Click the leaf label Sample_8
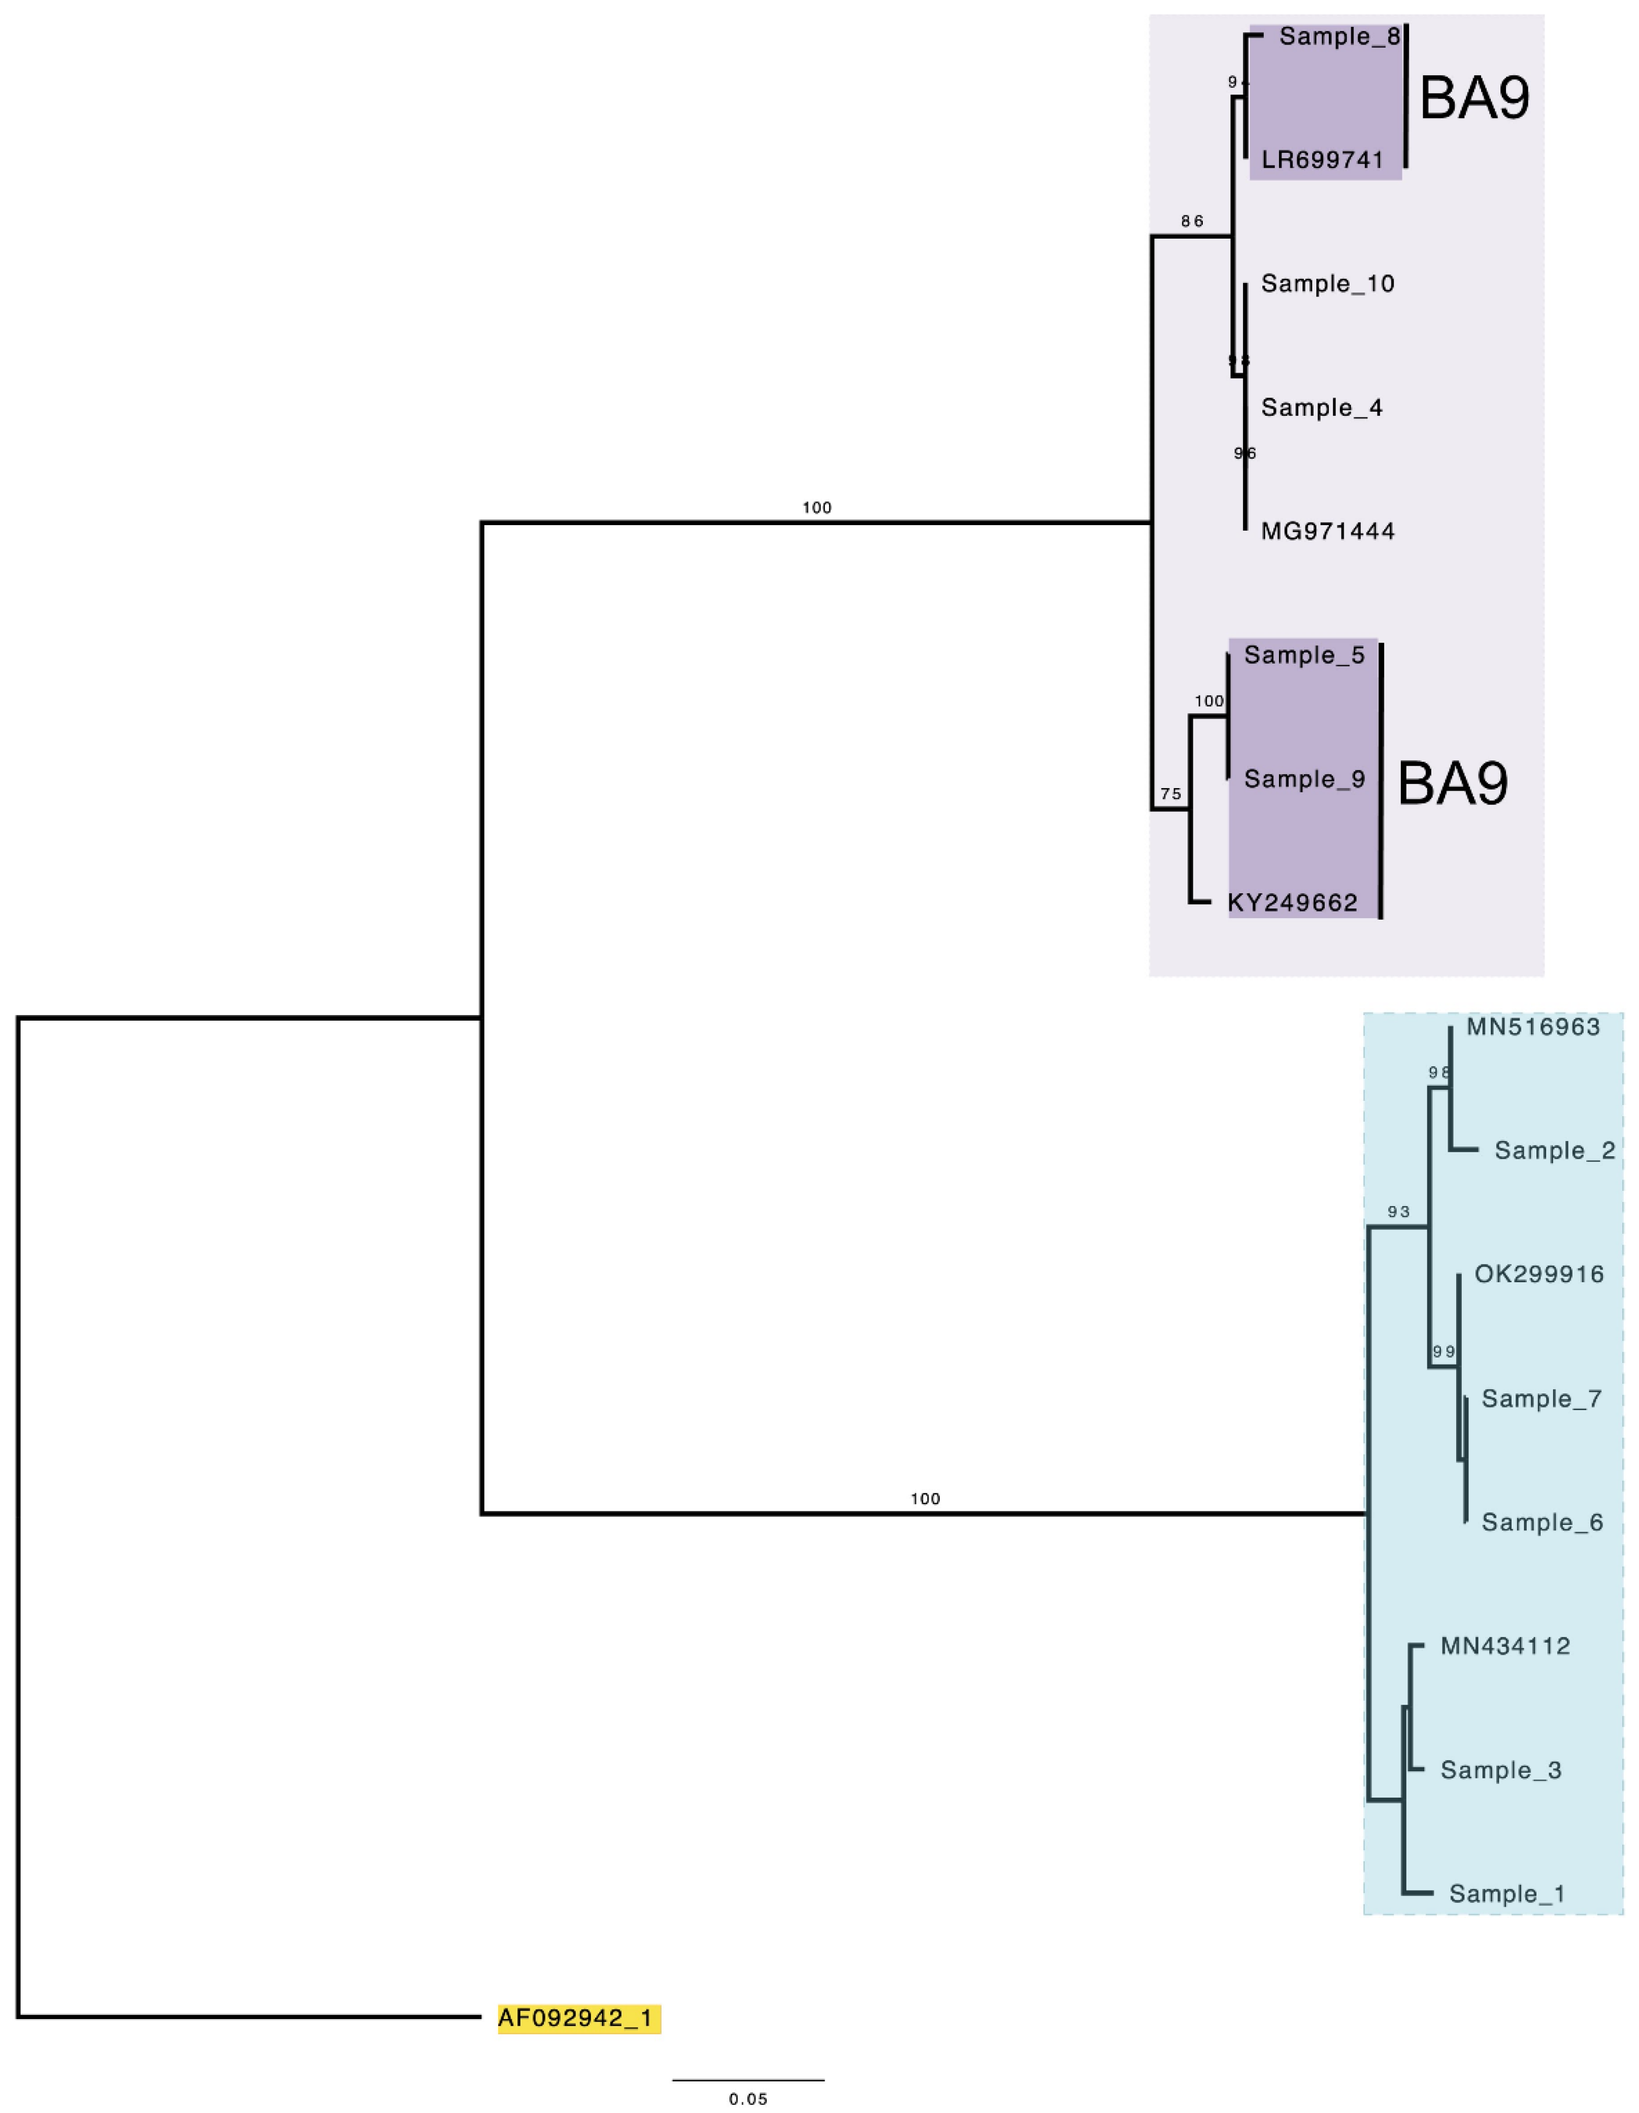pyautogui.click(x=1339, y=37)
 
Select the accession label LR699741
pyautogui.click(x=1323, y=160)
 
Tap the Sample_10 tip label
pyautogui.click(x=1327, y=283)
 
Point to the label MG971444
pyautogui.click(x=1327, y=531)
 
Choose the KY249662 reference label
pyautogui.click(x=1293, y=903)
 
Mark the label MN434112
pyautogui.click(x=1504, y=1647)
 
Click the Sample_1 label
pyautogui.click(x=1506, y=1894)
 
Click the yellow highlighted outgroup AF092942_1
pyautogui.click(x=579, y=2018)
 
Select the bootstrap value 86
pyautogui.click(x=1192, y=221)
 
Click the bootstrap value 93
pyautogui.click(x=1398, y=1211)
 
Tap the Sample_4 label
pyautogui.click(x=1322, y=407)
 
